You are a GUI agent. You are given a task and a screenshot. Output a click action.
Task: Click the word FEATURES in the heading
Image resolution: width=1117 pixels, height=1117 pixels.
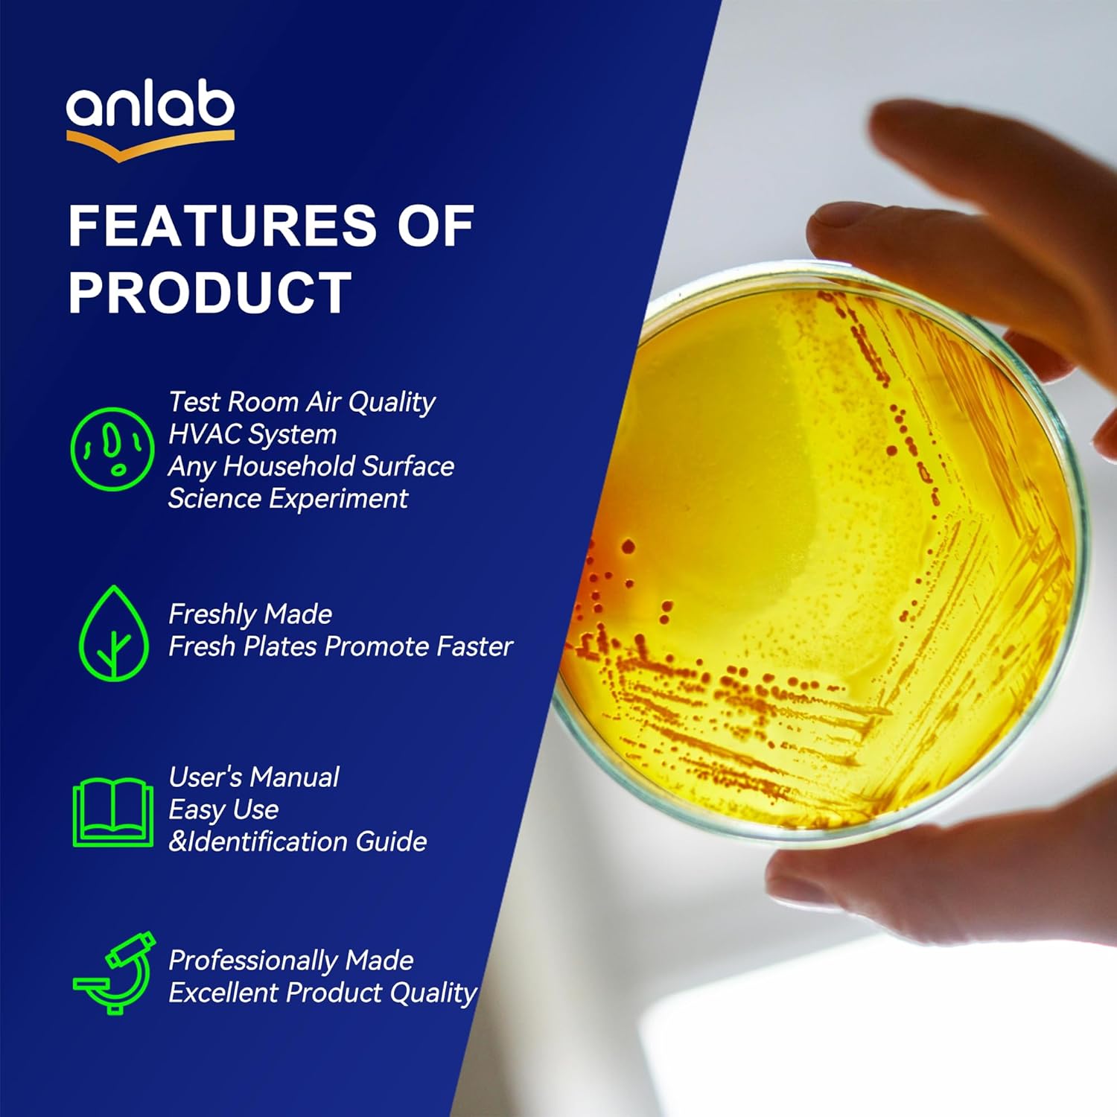click(x=222, y=226)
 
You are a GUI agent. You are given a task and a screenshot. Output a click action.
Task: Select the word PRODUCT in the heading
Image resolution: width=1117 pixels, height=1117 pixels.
click(x=209, y=293)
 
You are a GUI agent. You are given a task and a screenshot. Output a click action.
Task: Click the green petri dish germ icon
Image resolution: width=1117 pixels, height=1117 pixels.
click(x=112, y=449)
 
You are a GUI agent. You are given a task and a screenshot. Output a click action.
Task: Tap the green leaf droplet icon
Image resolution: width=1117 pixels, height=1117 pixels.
click(x=113, y=634)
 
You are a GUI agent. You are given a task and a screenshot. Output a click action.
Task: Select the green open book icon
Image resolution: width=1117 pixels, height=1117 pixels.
click(x=112, y=812)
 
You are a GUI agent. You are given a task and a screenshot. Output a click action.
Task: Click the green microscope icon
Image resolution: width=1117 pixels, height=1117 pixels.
click(x=114, y=972)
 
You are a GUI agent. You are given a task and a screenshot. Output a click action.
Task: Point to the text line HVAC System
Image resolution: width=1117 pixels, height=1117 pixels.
click(x=252, y=434)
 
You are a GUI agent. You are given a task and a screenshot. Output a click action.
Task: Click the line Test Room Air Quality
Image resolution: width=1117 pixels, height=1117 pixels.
click(x=302, y=402)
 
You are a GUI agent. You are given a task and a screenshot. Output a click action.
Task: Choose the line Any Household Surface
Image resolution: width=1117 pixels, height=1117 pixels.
click(x=311, y=467)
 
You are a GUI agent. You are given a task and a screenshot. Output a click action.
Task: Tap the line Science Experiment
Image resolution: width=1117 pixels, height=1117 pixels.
click(x=287, y=499)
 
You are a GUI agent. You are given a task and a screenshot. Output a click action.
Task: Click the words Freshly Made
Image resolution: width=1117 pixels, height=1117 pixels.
click(x=250, y=614)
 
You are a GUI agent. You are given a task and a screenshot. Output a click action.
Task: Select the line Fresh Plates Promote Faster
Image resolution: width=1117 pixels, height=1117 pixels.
click(x=340, y=646)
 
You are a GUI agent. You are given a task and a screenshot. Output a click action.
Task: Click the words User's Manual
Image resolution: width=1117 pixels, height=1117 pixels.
click(x=254, y=777)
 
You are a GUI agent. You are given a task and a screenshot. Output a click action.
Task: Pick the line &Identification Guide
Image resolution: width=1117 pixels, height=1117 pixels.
click(x=297, y=842)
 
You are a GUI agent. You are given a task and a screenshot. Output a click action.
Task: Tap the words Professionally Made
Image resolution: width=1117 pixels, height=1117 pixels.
click(x=290, y=961)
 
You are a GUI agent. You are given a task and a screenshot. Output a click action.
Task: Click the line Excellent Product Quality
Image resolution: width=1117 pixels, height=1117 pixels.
click(x=322, y=993)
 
